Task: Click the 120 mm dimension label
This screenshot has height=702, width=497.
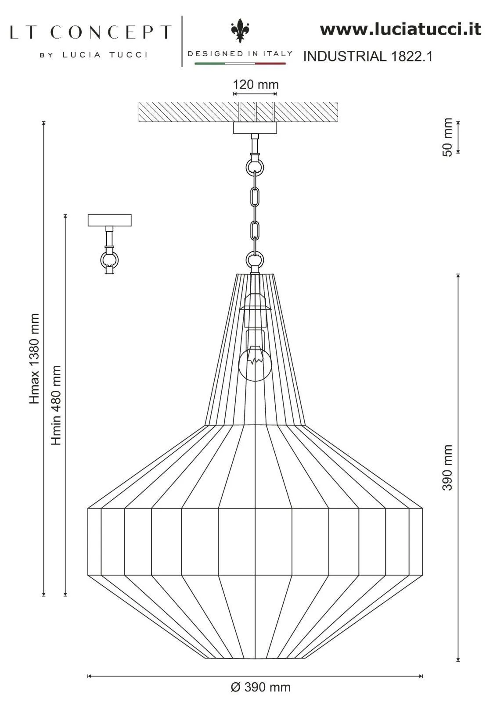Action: (255, 84)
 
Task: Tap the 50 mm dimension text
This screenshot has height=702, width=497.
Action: (447, 137)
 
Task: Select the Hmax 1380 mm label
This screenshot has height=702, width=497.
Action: (35, 358)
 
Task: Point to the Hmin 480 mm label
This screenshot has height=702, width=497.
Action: (56, 405)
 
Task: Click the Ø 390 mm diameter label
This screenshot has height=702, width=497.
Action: (260, 687)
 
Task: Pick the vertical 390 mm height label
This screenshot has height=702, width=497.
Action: (447, 467)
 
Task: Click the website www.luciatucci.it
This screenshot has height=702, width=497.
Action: (400, 29)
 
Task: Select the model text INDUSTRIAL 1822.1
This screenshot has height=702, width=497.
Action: (368, 56)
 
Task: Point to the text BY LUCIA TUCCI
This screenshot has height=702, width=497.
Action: (94, 55)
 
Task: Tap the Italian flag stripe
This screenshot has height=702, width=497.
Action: (240, 64)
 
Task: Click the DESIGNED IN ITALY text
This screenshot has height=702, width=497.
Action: (240, 54)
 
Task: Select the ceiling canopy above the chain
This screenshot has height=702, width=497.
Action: (255, 128)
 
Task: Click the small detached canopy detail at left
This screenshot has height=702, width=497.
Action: (109, 220)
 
